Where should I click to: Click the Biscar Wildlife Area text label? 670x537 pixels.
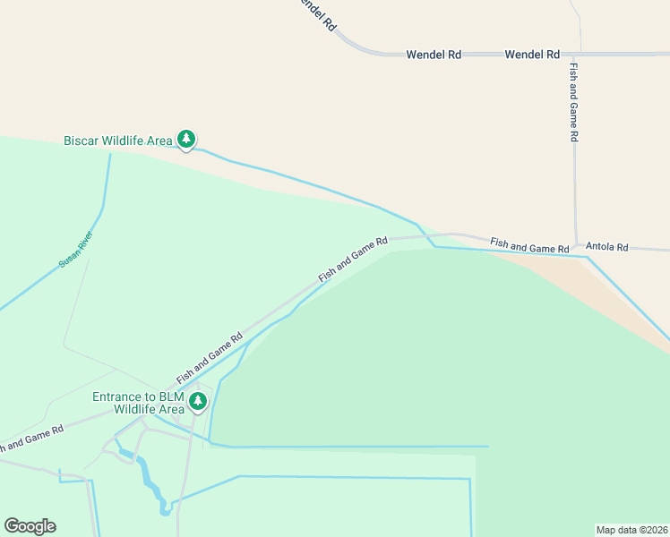pos(117,141)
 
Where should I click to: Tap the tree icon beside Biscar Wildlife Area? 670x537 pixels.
pos(186,139)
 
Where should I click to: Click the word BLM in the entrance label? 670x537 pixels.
pos(169,396)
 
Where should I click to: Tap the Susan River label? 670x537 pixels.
pos(76,250)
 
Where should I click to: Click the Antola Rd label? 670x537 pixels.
pos(606,247)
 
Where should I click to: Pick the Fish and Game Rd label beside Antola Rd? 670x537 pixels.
pos(529,244)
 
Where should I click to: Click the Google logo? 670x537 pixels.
pos(30,526)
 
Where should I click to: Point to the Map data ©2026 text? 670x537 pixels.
pos(631,529)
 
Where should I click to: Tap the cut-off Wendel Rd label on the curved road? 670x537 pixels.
pos(316,14)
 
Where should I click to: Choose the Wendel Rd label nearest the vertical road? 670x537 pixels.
pos(532,55)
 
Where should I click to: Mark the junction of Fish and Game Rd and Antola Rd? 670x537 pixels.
pos(578,246)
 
